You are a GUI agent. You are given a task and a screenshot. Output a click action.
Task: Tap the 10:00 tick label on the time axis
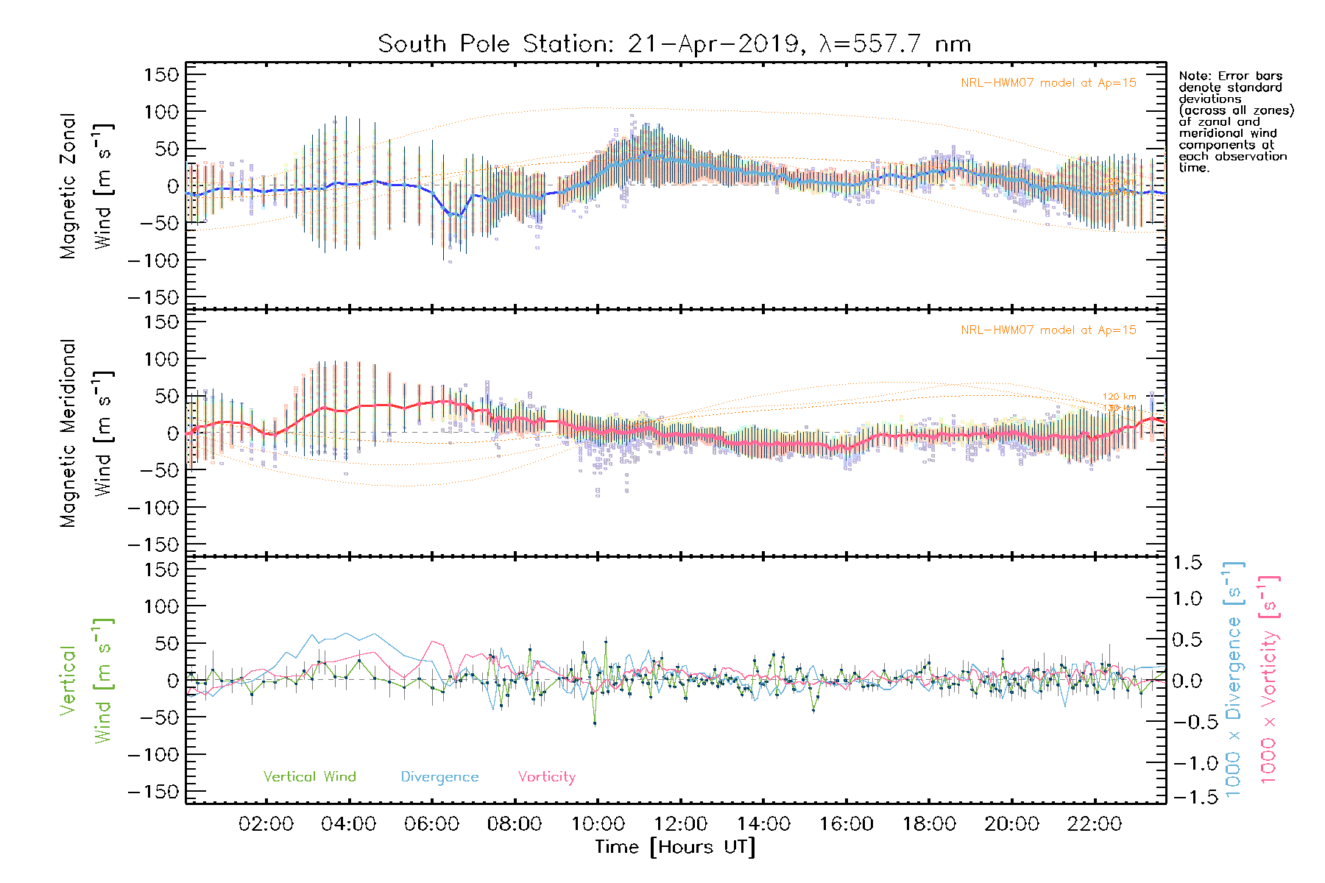point(598,824)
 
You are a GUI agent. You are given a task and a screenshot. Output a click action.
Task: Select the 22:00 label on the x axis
point(1095,824)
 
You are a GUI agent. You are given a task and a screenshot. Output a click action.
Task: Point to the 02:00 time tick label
point(266,824)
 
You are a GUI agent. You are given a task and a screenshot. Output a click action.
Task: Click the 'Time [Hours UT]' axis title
point(675,847)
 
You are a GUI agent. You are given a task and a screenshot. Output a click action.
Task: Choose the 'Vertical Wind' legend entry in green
point(309,777)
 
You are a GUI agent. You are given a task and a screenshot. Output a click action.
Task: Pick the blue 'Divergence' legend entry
point(439,777)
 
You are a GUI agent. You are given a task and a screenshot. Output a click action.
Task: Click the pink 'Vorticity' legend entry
point(546,777)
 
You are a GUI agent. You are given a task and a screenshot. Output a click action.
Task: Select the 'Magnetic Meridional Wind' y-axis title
point(87,433)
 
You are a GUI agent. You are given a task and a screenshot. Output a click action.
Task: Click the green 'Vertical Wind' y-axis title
point(87,681)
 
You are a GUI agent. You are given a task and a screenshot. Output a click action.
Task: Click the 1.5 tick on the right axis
point(1187,563)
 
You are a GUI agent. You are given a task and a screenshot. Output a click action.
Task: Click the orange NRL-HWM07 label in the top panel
point(1048,83)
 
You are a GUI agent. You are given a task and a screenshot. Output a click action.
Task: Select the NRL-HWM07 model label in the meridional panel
point(1048,330)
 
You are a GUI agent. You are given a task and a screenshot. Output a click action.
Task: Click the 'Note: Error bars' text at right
point(1230,77)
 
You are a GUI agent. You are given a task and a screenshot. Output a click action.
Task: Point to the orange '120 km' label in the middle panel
point(1119,397)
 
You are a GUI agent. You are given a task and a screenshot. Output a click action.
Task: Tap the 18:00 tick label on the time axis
point(929,824)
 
